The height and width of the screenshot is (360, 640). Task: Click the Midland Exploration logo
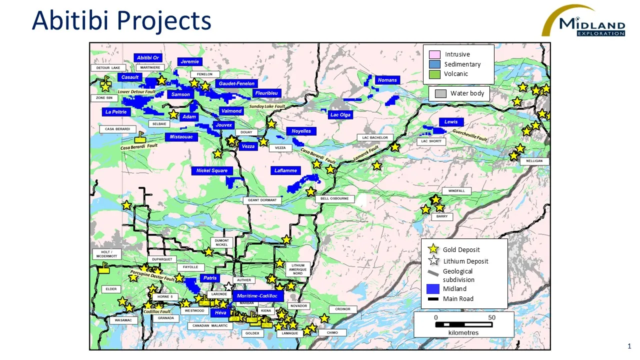tap(583, 21)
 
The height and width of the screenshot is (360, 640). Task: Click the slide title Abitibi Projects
tap(121, 21)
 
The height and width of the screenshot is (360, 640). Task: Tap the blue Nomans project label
tap(387, 80)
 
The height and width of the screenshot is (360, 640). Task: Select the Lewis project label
tap(451, 122)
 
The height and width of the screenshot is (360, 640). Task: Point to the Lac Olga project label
tap(340, 115)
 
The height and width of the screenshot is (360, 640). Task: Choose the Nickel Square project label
tap(212, 170)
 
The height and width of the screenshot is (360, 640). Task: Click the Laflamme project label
tap(286, 170)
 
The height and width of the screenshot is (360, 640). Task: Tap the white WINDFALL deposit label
tap(456, 191)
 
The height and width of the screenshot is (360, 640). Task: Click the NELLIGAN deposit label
tap(534, 161)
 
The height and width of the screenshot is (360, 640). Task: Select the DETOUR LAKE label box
tap(108, 67)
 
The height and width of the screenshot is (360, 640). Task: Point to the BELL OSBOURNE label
tap(334, 199)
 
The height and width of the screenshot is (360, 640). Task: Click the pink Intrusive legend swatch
tap(434, 54)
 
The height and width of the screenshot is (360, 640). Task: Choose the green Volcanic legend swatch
tap(434, 74)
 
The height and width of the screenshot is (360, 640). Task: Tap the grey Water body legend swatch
tap(440, 93)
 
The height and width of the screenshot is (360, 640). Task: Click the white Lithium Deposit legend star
tap(433, 261)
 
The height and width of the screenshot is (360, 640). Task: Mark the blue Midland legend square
tap(433, 288)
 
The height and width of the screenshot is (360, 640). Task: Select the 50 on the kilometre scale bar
tap(491, 318)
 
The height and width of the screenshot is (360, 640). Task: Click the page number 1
tap(629, 346)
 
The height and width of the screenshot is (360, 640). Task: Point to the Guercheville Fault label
tap(470, 135)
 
